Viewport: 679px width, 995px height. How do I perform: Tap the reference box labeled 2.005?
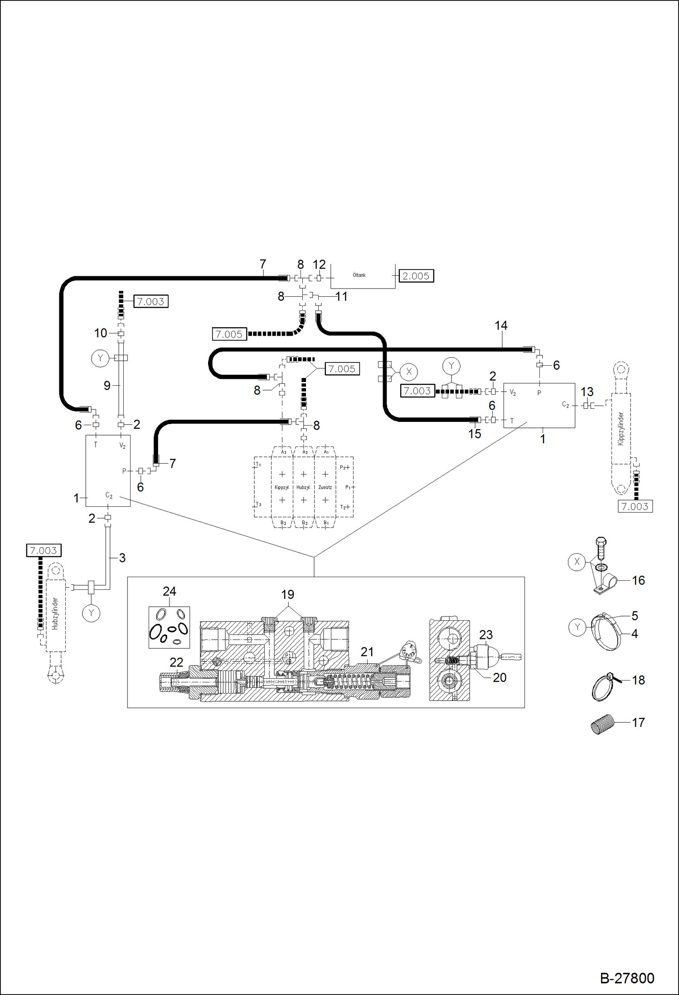pyautogui.click(x=416, y=276)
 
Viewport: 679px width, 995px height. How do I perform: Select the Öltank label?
pyautogui.click(x=359, y=275)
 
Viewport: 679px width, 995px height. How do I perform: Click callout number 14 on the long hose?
pyautogui.click(x=501, y=326)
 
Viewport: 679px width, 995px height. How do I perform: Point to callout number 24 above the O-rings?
pyautogui.click(x=169, y=592)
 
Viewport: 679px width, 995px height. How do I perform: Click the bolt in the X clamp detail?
pyautogui.click(x=601, y=549)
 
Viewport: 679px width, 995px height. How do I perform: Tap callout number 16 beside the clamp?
pyautogui.click(x=638, y=580)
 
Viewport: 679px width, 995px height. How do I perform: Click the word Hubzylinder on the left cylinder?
pyautogui.click(x=55, y=613)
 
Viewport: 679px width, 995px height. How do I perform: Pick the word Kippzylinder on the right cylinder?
pyautogui.click(x=621, y=428)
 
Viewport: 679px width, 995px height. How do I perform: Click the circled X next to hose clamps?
pyautogui.click(x=409, y=372)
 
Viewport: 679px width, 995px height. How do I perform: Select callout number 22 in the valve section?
pyautogui.click(x=176, y=663)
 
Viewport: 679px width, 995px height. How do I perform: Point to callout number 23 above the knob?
pyautogui.click(x=485, y=635)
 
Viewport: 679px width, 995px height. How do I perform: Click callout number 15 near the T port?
pyautogui.click(x=474, y=434)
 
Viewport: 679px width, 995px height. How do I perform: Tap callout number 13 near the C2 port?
pyautogui.click(x=587, y=392)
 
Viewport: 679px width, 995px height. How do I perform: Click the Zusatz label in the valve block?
pyautogui.click(x=325, y=487)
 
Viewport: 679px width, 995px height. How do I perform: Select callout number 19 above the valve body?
pyautogui.click(x=287, y=594)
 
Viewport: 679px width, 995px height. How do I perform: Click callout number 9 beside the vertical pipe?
pyautogui.click(x=107, y=386)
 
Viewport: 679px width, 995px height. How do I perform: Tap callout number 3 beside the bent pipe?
pyautogui.click(x=122, y=558)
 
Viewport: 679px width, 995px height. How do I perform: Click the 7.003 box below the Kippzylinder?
pyautogui.click(x=635, y=507)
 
